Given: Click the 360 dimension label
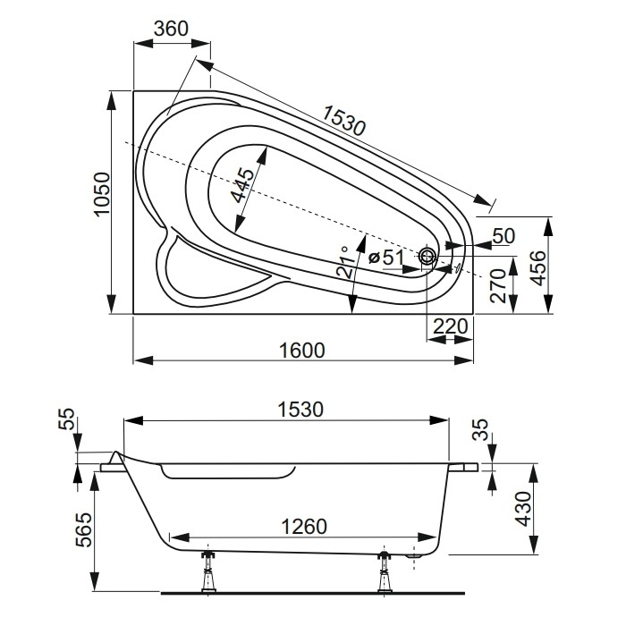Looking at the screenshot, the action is [x=171, y=29].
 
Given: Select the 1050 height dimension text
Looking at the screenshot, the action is [x=101, y=194].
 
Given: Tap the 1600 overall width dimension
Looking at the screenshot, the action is [x=302, y=351].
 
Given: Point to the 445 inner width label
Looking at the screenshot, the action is [x=242, y=186].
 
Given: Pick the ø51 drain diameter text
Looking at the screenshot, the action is [x=386, y=258].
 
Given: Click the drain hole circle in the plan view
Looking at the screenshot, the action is [x=428, y=256].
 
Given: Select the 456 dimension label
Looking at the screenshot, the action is [x=538, y=268].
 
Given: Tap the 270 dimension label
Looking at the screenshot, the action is [x=499, y=285].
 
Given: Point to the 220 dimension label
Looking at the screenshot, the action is [x=451, y=326].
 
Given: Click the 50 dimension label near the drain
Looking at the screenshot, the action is [x=503, y=236].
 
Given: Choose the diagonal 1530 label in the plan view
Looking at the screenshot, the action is [x=343, y=120].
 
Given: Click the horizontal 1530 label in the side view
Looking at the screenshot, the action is [x=300, y=410].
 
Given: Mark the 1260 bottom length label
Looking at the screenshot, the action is [x=304, y=526].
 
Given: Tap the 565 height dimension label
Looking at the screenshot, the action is [x=85, y=529].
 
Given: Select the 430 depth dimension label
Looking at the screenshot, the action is [x=523, y=509].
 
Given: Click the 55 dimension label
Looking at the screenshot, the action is [x=68, y=419].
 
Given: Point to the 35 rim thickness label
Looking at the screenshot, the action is [x=482, y=429].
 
